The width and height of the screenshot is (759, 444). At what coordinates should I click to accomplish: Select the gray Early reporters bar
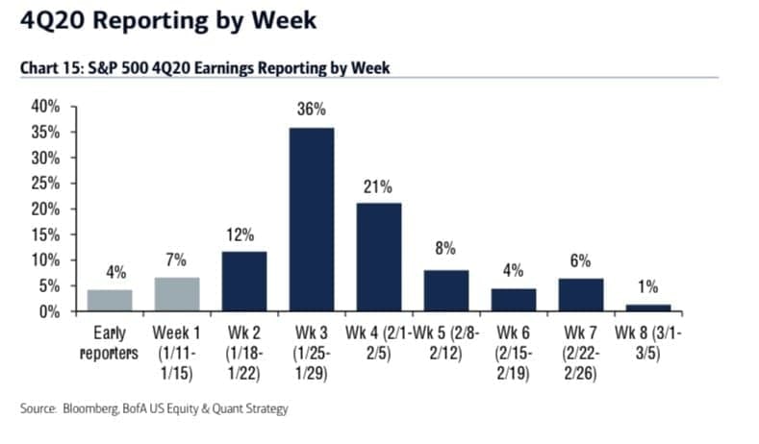109,300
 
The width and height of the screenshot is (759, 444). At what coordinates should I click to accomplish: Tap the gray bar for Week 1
176,294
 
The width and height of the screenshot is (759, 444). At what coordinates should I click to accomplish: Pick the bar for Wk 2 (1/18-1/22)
244,281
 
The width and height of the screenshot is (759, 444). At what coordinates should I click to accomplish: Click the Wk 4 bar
379,257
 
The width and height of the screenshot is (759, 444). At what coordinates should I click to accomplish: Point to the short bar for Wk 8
647,308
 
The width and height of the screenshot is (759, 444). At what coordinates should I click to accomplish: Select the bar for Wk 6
513,300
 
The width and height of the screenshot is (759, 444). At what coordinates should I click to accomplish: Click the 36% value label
313,111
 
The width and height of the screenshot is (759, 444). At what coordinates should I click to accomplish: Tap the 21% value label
379,185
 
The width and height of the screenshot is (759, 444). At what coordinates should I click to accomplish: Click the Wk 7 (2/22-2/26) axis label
580,353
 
